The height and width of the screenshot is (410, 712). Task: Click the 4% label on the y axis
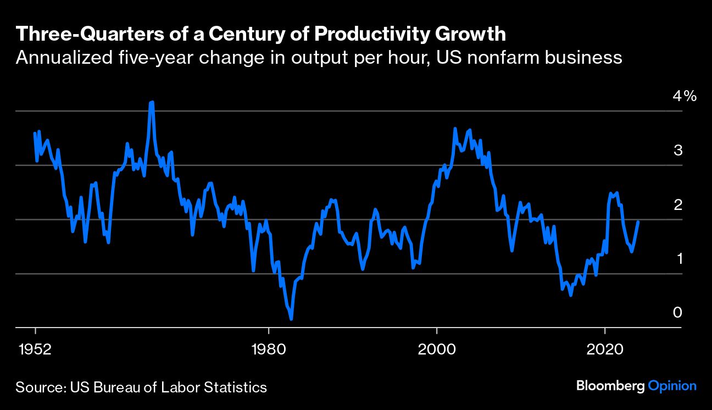click(x=685, y=97)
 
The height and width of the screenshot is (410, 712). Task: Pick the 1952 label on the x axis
click(x=35, y=350)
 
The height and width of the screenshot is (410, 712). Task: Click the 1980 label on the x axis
click(x=268, y=350)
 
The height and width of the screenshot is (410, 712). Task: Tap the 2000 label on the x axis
click(x=436, y=350)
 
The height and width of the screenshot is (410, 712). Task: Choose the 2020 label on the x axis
click(x=604, y=350)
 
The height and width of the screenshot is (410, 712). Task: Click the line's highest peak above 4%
click(x=152, y=102)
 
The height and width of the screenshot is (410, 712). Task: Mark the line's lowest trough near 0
click(x=291, y=319)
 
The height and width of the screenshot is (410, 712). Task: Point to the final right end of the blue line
click(x=638, y=221)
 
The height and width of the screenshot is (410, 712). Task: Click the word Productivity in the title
click(x=374, y=34)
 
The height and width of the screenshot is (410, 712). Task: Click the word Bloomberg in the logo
click(x=610, y=386)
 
